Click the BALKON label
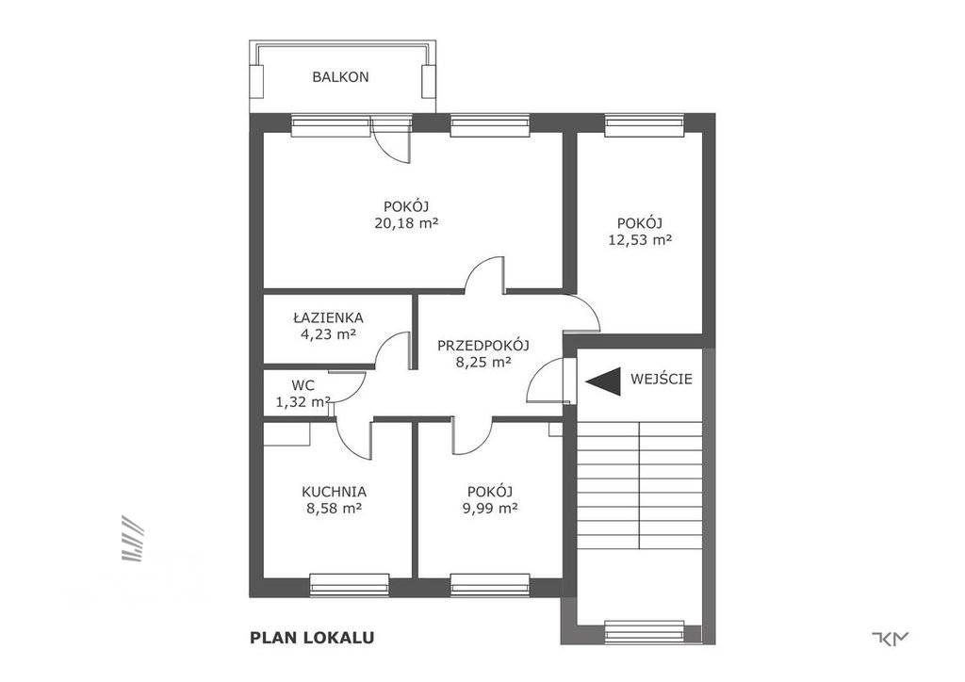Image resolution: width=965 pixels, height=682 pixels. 340,77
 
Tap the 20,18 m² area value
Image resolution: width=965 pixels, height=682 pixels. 406,222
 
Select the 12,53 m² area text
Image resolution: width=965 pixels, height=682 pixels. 640,240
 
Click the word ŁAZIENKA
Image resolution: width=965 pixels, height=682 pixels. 329,318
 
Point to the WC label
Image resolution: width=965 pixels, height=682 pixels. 303,385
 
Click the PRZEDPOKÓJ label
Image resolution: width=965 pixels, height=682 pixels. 483,346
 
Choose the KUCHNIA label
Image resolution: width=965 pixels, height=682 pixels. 335,492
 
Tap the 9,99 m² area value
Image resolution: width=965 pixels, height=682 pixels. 490,508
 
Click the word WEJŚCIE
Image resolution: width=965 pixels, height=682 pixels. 662,379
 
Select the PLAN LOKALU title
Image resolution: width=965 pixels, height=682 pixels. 312,638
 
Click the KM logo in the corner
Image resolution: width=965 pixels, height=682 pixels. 891,639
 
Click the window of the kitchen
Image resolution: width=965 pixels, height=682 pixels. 349,585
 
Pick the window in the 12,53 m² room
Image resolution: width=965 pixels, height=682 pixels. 645,125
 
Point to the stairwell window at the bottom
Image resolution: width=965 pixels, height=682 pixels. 645,632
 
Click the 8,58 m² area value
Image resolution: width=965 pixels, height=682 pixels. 334,508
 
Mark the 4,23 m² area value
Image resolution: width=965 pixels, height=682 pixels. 329,334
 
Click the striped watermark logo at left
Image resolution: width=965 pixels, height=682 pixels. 132,538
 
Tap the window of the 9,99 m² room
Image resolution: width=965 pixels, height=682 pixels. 490,585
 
